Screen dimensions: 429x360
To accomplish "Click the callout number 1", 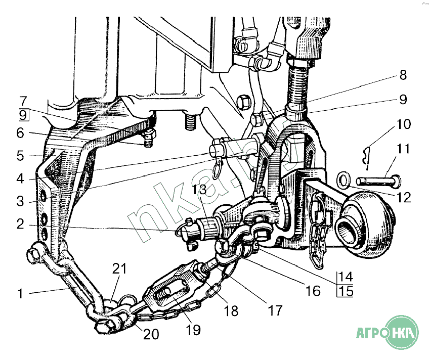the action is click(20, 293).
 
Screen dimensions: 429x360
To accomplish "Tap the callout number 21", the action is click(119, 268).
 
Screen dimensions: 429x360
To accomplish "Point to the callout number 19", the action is click(193, 330).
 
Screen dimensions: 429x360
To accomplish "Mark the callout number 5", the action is click(20, 155).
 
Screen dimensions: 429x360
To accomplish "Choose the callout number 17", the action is click(275, 309).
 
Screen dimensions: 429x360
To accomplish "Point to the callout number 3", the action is click(20, 201).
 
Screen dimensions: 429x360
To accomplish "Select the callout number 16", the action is click(313, 291).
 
